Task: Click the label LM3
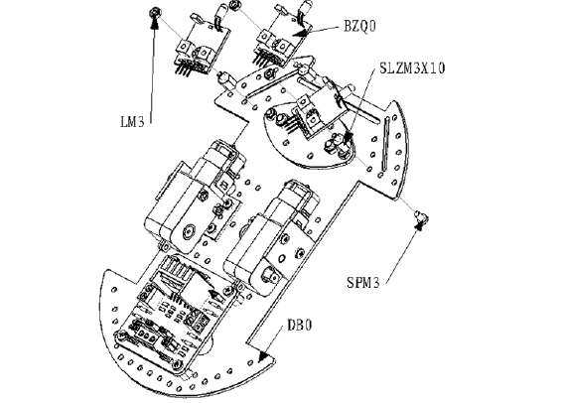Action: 132,122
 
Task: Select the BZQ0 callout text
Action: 359,26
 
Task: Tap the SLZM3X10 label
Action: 412,67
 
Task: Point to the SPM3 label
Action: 363,283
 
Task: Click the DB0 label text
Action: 300,326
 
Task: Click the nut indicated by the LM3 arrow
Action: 155,13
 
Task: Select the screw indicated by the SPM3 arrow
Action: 422,216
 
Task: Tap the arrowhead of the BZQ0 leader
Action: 301,33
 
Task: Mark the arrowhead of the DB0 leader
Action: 263,355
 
